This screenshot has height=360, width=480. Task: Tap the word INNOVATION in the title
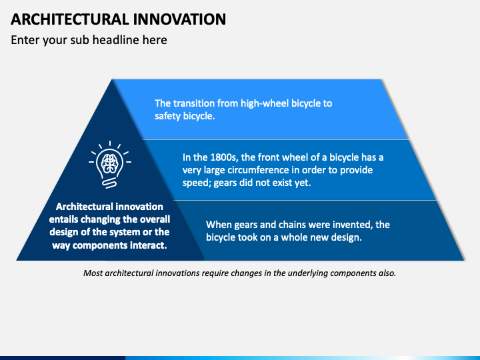click(x=179, y=19)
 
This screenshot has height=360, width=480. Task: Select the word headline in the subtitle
click(x=116, y=40)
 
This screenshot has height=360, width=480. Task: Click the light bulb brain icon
click(x=110, y=165)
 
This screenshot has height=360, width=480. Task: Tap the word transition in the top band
click(x=194, y=103)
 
